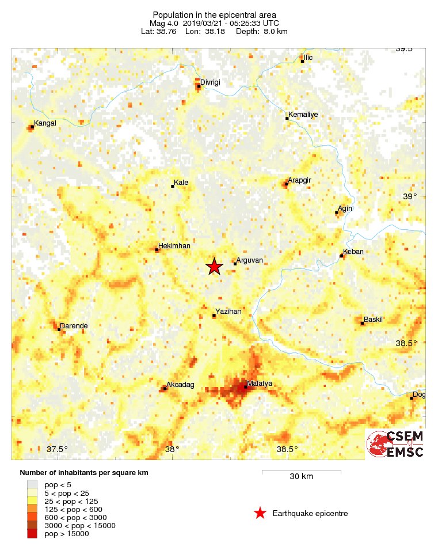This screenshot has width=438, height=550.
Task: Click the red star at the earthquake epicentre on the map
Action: pos(214,267)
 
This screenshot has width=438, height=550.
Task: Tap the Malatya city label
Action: pos(259,384)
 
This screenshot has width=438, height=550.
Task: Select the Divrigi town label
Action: pos(210,82)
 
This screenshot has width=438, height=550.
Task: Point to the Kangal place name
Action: pos(45,123)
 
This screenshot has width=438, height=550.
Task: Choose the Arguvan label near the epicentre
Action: pos(250,260)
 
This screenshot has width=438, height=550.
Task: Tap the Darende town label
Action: pos(74,326)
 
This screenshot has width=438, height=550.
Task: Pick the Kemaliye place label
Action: pos(303,115)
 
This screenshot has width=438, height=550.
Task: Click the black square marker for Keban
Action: pos(342,256)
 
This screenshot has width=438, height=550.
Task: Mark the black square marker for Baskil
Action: pos(362,323)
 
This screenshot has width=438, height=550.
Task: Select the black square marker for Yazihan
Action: pos(214,316)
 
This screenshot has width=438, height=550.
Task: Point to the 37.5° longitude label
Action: pos(57,449)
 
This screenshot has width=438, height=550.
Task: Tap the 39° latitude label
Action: pos(410,196)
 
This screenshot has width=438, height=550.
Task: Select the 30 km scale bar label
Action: pos(301,477)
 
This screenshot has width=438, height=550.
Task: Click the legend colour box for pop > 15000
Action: pos(32,534)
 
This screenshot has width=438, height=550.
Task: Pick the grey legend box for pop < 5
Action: pos(32,485)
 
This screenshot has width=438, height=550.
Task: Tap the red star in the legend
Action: pos(260,513)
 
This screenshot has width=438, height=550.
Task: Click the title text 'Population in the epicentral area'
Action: pos(214,14)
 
